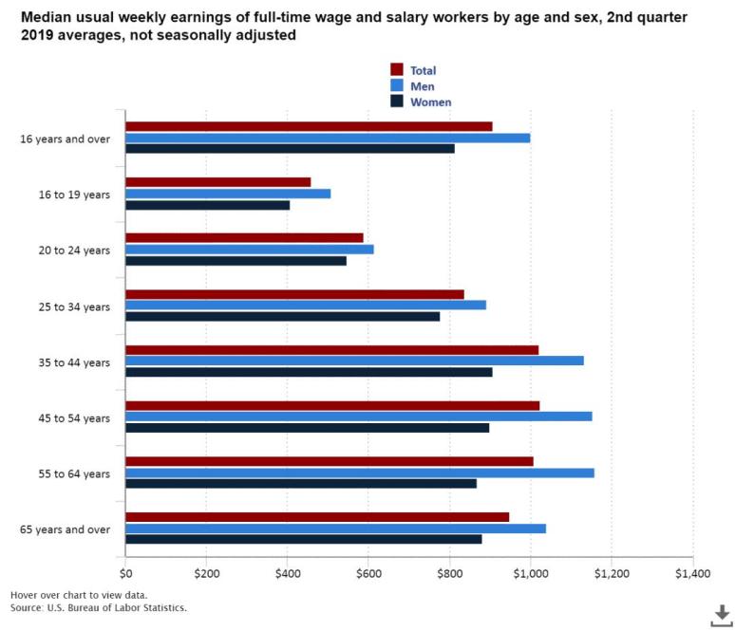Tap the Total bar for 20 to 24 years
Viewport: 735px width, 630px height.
coord(244,237)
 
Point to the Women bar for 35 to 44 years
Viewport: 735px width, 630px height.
coord(309,372)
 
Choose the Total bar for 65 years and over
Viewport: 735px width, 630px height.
coord(317,517)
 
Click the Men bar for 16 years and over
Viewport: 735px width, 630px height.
coord(328,138)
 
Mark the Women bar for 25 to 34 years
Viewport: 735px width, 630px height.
coord(282,316)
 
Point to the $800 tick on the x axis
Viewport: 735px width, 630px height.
coord(450,573)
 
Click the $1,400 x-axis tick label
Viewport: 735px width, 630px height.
coord(692,573)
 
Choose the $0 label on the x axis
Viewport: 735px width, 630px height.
coord(125,573)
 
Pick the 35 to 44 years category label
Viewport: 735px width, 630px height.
coord(78,362)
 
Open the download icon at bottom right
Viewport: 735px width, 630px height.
coord(722,614)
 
